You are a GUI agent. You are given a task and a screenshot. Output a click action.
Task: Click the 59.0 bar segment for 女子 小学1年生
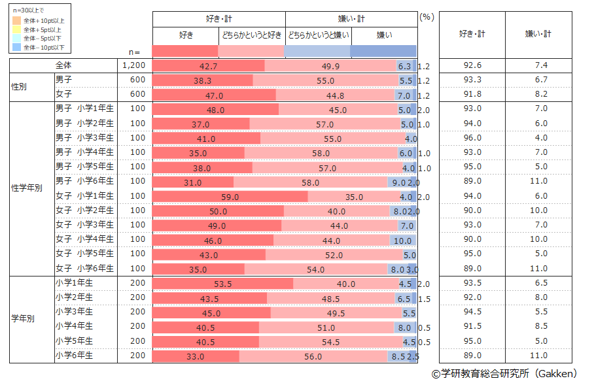pos(229,196)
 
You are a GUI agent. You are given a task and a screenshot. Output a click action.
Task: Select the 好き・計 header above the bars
pos(219,19)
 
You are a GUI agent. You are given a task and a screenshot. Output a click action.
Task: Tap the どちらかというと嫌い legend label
pos(318,35)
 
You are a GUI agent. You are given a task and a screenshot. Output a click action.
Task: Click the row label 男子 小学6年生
pos(84,181)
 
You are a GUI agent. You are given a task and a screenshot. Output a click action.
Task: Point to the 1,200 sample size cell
pos(134,65)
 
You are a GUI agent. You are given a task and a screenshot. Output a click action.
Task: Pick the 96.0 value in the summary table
pos(472,138)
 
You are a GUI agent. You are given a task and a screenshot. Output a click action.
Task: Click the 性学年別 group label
pos(27,188)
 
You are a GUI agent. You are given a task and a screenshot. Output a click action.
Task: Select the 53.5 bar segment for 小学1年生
pos(223,284)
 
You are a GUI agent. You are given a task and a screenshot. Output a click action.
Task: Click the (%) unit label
pos(427,18)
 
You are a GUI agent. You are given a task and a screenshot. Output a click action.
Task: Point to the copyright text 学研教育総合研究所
pos(504,374)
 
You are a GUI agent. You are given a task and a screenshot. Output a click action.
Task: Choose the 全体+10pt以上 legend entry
pos(42,21)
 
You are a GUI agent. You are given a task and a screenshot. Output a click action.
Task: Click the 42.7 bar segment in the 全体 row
pos(209,65)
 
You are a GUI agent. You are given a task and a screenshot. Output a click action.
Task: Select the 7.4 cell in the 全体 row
pos(540,65)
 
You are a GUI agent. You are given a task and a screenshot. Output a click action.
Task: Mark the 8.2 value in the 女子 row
pos(540,95)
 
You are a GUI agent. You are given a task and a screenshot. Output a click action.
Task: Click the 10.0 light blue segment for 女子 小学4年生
pos(402,240)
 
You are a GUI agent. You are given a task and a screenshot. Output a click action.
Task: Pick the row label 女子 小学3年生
pos(84,225)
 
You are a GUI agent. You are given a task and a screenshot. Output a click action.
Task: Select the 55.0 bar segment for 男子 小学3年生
pos(332,138)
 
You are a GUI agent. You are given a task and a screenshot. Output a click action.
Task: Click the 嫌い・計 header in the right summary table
pos(538,34)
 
